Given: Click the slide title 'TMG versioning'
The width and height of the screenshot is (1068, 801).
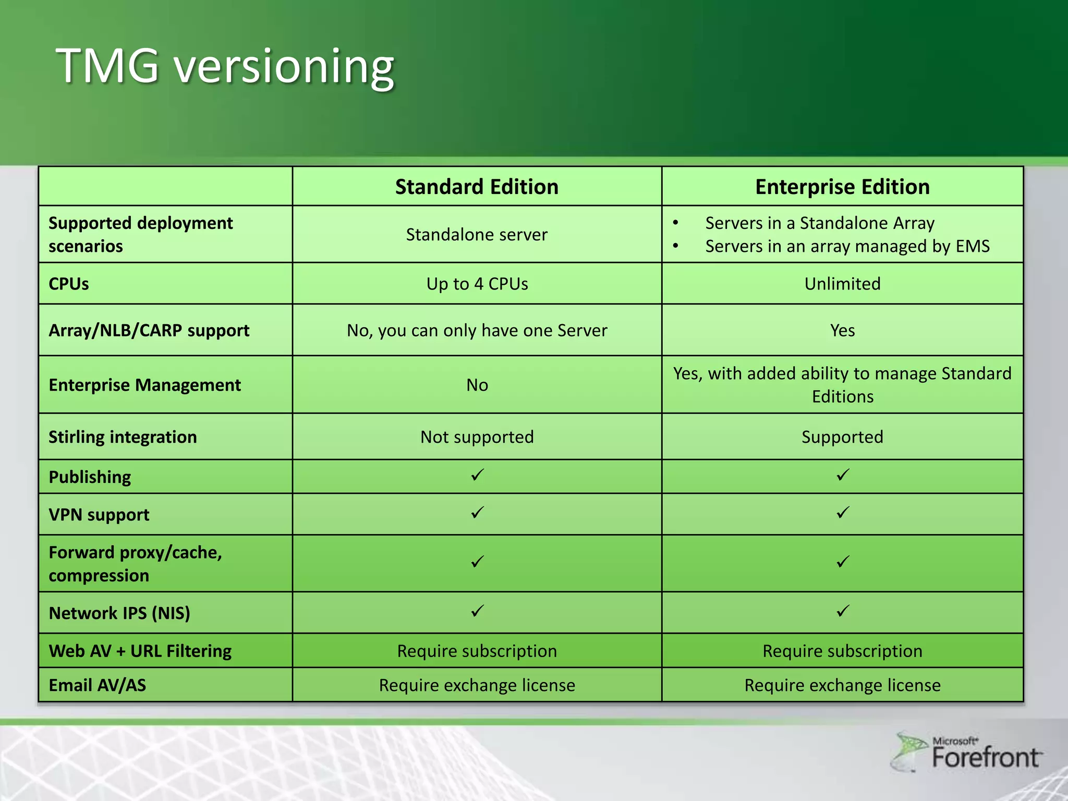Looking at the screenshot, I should (x=225, y=66).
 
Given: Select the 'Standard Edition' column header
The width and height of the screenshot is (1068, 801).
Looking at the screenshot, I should (x=477, y=187).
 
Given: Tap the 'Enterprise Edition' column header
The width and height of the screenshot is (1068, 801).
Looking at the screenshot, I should (x=842, y=187).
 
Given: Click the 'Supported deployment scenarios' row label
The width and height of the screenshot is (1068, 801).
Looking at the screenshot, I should (x=140, y=234).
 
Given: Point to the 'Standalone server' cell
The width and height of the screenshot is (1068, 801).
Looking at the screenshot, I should (x=477, y=235).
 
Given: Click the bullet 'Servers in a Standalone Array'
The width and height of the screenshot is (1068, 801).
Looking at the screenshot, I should (x=819, y=223).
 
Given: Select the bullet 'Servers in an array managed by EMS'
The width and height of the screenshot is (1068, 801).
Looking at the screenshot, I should (x=847, y=246).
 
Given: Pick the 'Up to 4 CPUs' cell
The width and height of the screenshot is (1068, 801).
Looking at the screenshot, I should (x=477, y=284).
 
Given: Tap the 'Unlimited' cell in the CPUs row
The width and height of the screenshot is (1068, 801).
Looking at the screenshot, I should (x=842, y=284).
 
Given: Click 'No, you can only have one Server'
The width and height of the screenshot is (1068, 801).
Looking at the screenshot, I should (x=477, y=331).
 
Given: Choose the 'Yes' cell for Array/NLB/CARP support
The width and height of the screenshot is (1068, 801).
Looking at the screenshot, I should (x=842, y=331).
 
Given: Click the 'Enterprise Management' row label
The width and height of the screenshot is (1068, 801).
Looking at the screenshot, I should (x=144, y=385).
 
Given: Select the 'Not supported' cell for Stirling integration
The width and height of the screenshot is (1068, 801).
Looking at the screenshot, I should (x=477, y=437).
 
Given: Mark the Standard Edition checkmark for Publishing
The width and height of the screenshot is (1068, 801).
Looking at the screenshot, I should (x=477, y=475).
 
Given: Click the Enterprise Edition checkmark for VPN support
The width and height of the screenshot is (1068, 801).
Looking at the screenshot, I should (x=843, y=513).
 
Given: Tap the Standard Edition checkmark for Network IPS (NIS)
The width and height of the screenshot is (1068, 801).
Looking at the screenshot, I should (x=477, y=611).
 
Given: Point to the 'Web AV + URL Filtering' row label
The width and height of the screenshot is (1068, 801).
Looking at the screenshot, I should (x=140, y=651).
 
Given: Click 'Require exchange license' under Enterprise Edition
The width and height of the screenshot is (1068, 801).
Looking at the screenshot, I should (x=842, y=685).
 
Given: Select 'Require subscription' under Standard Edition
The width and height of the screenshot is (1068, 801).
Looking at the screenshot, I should (x=477, y=651).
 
